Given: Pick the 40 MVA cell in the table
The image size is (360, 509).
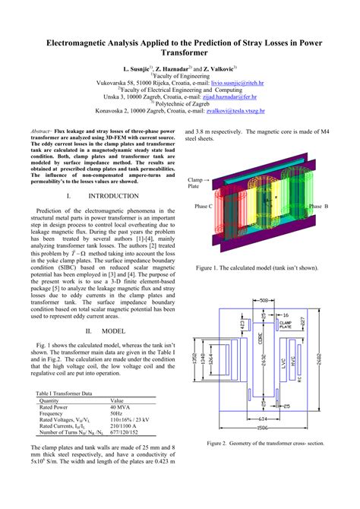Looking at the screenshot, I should click(x=122, y=407).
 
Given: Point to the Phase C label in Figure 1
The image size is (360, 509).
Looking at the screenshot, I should click(x=204, y=207).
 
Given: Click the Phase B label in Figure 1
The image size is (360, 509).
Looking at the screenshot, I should click(x=318, y=207).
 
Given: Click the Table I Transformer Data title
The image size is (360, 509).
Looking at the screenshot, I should click(x=65, y=394).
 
